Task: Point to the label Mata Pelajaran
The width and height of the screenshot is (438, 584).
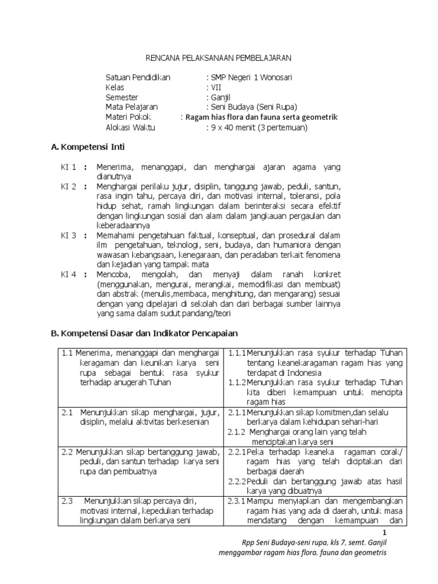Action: [132, 107]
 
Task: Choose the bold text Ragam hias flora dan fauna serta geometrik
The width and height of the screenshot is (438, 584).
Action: [261, 117]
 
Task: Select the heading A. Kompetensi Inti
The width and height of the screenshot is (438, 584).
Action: [88, 147]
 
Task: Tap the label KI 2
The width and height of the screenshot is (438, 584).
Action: [68, 187]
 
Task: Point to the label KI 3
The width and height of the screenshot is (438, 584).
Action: [68, 236]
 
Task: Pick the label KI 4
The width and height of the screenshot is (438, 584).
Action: [68, 274]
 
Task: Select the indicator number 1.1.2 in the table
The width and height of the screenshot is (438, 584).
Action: [237, 383]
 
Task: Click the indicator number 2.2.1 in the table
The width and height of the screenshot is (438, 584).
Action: [237, 452]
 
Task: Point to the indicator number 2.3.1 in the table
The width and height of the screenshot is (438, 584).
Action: [237, 501]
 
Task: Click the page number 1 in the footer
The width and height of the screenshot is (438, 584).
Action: [384, 533]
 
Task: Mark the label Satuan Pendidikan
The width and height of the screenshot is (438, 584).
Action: [137, 78]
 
